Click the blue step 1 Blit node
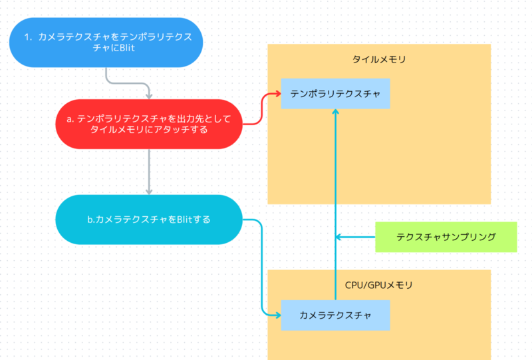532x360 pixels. [106, 43]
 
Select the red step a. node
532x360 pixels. [149, 124]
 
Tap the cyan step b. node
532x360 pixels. [149, 219]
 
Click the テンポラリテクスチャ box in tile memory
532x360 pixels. [335, 94]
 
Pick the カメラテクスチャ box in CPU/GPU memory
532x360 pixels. [335, 315]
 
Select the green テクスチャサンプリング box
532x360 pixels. [446, 237]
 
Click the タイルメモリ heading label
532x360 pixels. [378, 59]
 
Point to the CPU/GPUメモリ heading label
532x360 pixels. [378, 285]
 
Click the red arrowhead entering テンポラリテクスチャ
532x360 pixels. [276, 94]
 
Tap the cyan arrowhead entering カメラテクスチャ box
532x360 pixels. [276, 315]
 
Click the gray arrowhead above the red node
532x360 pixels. [149, 95]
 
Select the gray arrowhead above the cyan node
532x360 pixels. [149, 190]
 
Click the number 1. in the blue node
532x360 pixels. [29, 37]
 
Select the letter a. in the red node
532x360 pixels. [70, 118]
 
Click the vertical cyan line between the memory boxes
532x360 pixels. [335, 200]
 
